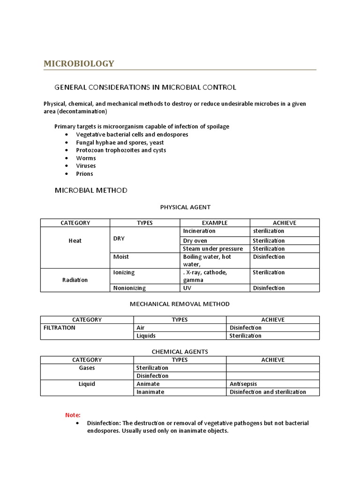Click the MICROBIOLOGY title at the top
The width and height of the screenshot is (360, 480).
(79, 63)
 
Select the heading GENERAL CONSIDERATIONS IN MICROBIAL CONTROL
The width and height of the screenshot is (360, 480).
(145, 87)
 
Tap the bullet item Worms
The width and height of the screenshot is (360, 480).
(86, 158)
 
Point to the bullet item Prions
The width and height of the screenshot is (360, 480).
(84, 174)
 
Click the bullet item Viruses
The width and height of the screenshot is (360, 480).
(86, 166)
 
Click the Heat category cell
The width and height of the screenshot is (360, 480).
(75, 240)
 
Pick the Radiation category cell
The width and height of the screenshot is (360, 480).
(75, 280)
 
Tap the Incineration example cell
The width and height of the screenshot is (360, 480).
(199, 231)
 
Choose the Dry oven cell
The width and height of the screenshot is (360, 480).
(195, 240)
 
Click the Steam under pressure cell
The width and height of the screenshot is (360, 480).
(213, 248)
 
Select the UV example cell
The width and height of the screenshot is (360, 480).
(187, 288)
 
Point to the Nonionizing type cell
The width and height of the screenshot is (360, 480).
(129, 288)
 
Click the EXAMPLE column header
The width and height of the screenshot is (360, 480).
(215, 223)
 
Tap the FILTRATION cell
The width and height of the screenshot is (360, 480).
(59, 328)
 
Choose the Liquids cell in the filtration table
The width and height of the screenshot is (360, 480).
(146, 336)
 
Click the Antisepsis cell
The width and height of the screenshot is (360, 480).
(243, 384)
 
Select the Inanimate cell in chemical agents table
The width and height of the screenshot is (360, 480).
(150, 392)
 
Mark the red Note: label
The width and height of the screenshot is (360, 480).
(73, 415)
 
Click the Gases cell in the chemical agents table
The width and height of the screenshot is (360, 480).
(87, 368)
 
